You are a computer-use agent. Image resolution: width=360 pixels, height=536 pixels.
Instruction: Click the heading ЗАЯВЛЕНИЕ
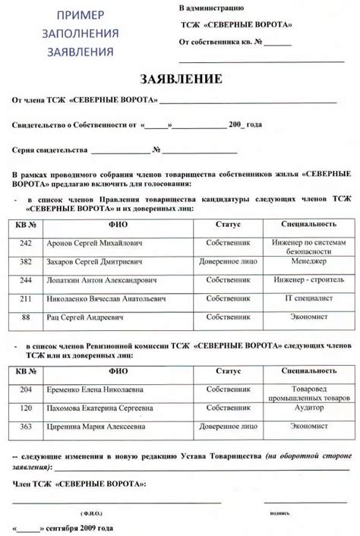tap(181, 79)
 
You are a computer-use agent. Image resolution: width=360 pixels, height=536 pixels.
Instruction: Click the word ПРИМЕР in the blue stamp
tap(84, 15)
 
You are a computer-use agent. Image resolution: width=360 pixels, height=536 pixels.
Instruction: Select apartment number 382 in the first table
tap(27, 261)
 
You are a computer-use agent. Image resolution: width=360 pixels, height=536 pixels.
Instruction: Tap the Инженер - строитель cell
tap(308, 280)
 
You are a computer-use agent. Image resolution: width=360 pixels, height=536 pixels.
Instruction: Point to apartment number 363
tap(27, 427)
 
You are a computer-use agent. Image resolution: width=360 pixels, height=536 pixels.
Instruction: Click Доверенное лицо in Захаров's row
tap(228, 261)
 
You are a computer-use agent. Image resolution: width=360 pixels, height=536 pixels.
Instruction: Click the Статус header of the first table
tap(228, 225)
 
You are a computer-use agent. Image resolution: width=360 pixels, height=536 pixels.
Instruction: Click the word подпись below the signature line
tap(279, 513)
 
